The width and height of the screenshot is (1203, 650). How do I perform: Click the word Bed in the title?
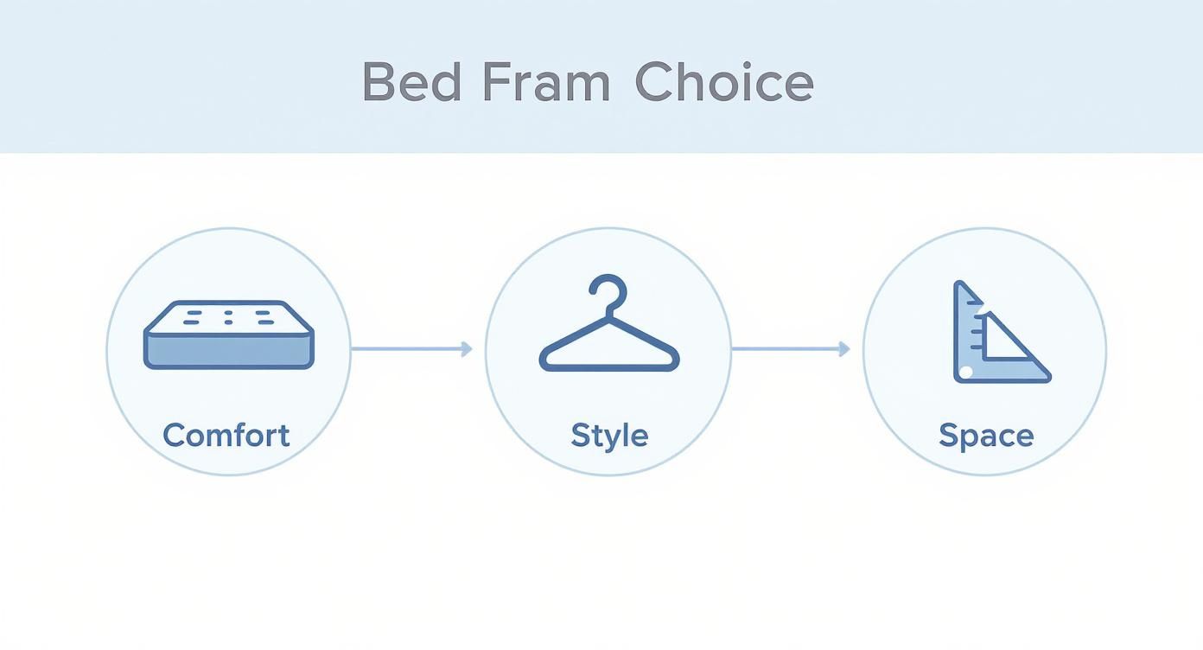[x=411, y=83]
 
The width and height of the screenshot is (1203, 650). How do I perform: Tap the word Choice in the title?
[x=724, y=83]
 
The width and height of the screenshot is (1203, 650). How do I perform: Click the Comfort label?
[x=226, y=435]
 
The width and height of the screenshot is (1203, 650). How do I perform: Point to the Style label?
[x=609, y=435]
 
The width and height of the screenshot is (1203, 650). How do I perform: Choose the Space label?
[x=986, y=435]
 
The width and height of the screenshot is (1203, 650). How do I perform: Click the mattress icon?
[x=228, y=335]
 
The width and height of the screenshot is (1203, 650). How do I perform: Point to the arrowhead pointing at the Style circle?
[x=467, y=348]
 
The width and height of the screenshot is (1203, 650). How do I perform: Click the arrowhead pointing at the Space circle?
[x=844, y=348]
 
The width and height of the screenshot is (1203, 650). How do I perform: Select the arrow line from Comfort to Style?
[x=406, y=348]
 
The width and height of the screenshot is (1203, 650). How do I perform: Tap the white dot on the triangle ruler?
[x=966, y=372]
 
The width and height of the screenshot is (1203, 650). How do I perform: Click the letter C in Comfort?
[x=174, y=435]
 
